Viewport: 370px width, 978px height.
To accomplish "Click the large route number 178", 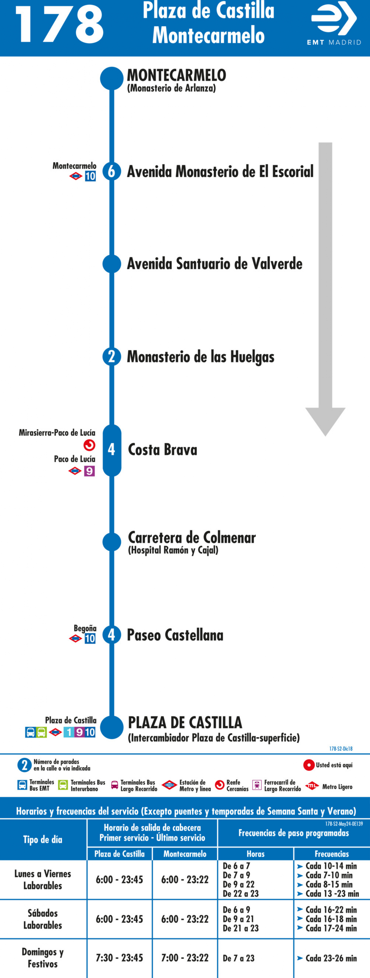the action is click(x=60, y=25).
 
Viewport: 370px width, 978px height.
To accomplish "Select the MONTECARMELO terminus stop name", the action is click(x=176, y=75).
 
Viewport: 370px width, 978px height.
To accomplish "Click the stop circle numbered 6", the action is click(x=111, y=171).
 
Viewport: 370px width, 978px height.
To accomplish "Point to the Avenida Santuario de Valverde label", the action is click(x=214, y=264).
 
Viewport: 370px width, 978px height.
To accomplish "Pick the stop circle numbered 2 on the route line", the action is click(x=111, y=357).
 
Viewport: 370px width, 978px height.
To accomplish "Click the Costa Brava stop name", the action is click(x=163, y=450).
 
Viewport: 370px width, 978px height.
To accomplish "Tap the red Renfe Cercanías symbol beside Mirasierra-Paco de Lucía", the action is click(x=89, y=445).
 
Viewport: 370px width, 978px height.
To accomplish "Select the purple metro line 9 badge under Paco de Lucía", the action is click(x=89, y=471).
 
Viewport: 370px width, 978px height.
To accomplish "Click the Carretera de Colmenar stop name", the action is click(x=192, y=537).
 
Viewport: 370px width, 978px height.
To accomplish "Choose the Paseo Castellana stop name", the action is click(x=175, y=635).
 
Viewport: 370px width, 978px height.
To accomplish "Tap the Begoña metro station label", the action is click(x=85, y=628).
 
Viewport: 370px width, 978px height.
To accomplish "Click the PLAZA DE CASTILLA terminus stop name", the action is click(x=185, y=722).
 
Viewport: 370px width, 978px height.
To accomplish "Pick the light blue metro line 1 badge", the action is click(x=68, y=732).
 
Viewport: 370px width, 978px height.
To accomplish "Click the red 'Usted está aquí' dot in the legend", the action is click(x=309, y=765).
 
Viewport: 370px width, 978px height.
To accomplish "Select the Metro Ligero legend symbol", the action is click(x=312, y=785).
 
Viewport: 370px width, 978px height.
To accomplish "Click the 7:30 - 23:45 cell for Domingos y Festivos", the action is click(x=120, y=958).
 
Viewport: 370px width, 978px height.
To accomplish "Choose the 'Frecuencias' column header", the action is click(x=332, y=854).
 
